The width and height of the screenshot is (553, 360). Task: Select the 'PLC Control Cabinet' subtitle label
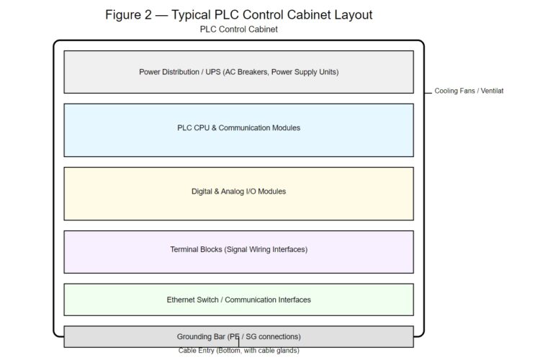click(238, 30)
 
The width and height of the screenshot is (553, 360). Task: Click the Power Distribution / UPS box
click(238, 72)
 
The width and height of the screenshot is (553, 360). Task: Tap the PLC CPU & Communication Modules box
click(238, 130)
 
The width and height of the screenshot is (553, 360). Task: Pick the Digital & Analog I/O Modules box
click(238, 194)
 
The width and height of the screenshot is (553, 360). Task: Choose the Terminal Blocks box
click(238, 252)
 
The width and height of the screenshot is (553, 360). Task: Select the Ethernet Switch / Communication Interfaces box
click(238, 300)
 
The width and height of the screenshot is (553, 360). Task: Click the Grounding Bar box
click(238, 337)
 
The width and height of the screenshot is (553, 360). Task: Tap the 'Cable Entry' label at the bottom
click(238, 351)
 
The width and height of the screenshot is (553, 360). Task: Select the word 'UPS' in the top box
click(212, 72)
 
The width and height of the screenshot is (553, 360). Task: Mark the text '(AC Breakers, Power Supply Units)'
click(281, 72)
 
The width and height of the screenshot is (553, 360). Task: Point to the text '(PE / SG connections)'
click(264, 337)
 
